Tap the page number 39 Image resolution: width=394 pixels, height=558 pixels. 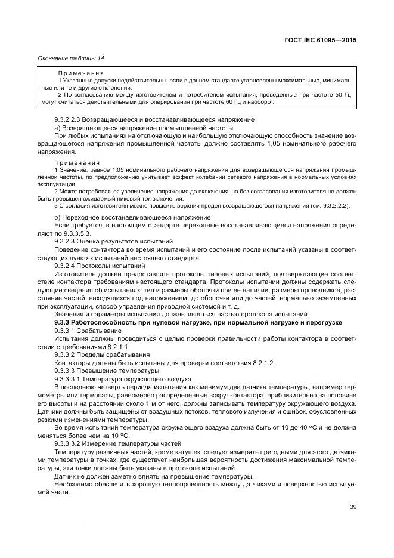click(x=353, y=508)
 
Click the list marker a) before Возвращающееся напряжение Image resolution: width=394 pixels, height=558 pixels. click(x=57, y=128)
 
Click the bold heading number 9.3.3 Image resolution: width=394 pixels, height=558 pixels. click(x=64, y=322)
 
